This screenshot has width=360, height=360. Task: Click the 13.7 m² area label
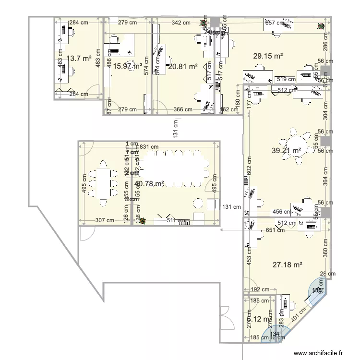pos(79,58)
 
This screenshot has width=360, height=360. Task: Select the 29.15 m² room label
pos(268,56)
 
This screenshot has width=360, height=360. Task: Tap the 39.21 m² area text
pos(287,150)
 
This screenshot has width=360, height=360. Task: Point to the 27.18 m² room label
pos(287,264)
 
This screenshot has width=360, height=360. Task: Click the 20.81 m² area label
pos(183,67)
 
